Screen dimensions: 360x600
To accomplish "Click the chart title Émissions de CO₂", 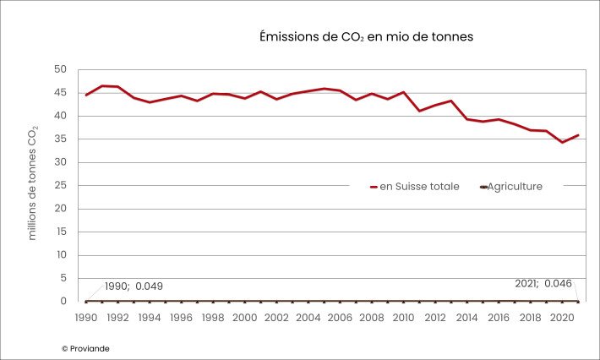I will [366, 38].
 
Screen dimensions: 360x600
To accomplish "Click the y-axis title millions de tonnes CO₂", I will [33, 183].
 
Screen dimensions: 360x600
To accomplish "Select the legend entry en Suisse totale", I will [414, 186].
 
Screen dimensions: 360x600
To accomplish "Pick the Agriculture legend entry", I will [511, 186].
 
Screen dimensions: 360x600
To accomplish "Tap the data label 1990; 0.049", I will [134, 286].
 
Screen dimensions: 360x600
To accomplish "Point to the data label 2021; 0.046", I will [543, 284].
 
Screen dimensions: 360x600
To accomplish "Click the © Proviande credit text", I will [85, 348].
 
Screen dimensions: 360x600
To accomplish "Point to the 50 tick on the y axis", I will [60, 69].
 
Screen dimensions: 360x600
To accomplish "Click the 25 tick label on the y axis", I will [60, 185].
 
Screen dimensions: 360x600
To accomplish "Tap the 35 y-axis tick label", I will [60, 139].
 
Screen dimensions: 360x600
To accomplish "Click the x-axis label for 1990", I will [86, 318].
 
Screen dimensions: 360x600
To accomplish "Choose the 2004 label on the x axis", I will [308, 318].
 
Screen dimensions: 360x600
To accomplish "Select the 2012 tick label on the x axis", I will [435, 318].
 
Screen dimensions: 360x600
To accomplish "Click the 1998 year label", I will [213, 318].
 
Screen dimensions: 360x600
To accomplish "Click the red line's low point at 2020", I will [562, 142].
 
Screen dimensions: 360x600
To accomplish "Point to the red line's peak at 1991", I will [102, 85].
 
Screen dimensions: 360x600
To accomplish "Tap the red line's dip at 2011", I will [419, 111].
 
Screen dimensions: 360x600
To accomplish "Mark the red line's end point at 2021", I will [578, 135].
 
